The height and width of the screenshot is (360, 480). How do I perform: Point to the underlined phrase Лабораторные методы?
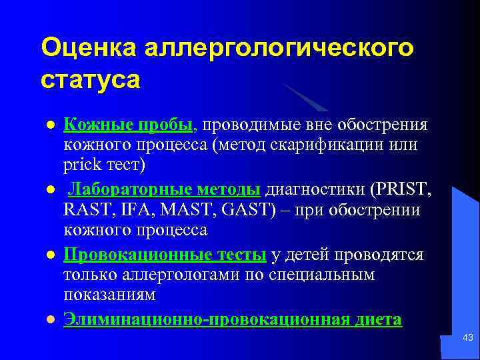[165, 189]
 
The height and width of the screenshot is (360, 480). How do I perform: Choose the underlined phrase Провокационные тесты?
[165, 255]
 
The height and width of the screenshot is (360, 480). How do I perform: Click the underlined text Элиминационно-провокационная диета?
[233, 319]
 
